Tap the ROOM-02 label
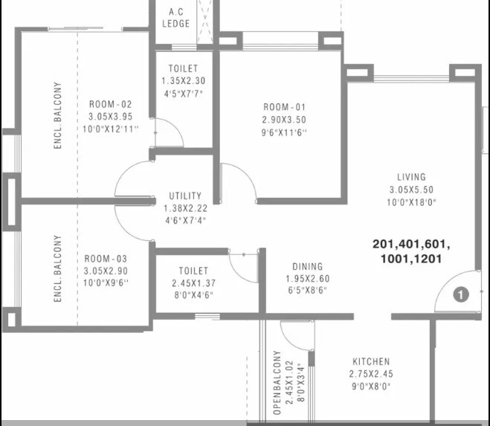[x=110, y=104]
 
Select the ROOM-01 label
[x=284, y=106]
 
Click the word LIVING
[x=411, y=177]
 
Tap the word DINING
[x=307, y=266]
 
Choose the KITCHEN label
[x=371, y=361]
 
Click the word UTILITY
[x=185, y=196]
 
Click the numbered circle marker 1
[x=460, y=295]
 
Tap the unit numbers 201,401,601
[x=412, y=245]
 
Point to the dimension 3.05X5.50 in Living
[x=411, y=189]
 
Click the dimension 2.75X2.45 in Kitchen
[x=371, y=374]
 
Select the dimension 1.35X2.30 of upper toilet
[x=182, y=81]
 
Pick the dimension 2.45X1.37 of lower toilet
[x=193, y=283]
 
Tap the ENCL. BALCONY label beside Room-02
[x=57, y=116]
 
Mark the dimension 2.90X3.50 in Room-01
[x=284, y=119]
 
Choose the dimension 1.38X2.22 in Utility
[x=185, y=208]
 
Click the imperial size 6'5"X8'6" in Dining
[x=307, y=291]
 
